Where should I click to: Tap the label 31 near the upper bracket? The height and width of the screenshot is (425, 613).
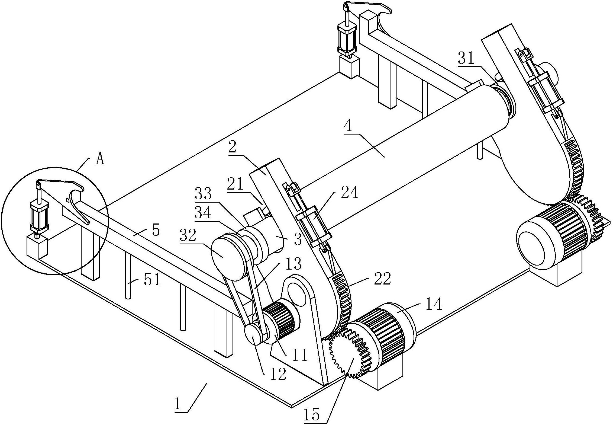point(466,58)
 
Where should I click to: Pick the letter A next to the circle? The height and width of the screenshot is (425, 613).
point(100,160)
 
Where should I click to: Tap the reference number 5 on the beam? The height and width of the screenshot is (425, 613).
point(156,230)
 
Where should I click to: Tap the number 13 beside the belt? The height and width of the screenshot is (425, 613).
point(293,264)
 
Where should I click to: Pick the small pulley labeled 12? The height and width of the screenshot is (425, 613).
point(254,335)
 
